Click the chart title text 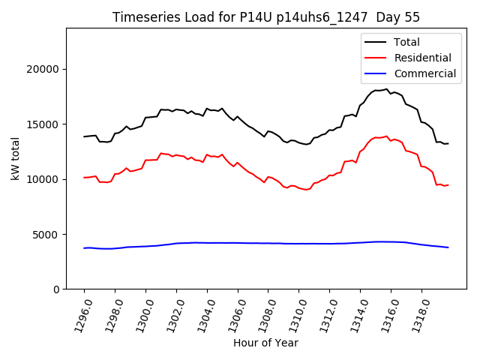tap(266, 17)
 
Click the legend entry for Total tap(406, 42)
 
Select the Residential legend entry tap(422, 58)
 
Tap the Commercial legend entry tap(424, 73)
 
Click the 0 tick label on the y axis tap(57, 289)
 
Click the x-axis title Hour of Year tap(265, 343)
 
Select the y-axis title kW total tap(15, 158)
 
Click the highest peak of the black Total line tap(387, 89)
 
